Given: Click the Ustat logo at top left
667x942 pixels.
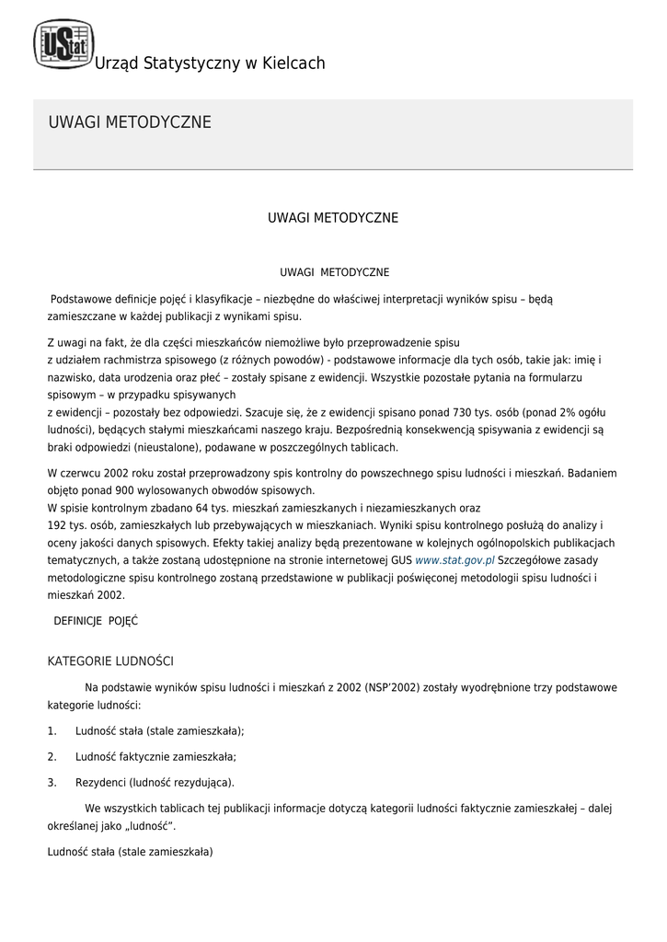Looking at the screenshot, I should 63,44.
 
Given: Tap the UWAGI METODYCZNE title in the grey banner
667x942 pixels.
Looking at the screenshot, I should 129,122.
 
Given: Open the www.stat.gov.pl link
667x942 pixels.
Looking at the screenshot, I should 454,559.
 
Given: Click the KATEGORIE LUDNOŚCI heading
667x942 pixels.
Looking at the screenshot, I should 110,661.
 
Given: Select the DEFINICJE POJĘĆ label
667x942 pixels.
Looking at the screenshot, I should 96,621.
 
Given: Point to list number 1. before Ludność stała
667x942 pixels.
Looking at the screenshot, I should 52,731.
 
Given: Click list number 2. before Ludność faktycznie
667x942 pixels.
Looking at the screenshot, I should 52,757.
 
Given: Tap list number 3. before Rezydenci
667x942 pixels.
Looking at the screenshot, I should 52,783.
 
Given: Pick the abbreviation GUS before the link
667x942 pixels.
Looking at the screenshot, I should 401,559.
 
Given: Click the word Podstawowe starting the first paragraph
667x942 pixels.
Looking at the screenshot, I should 82,300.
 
